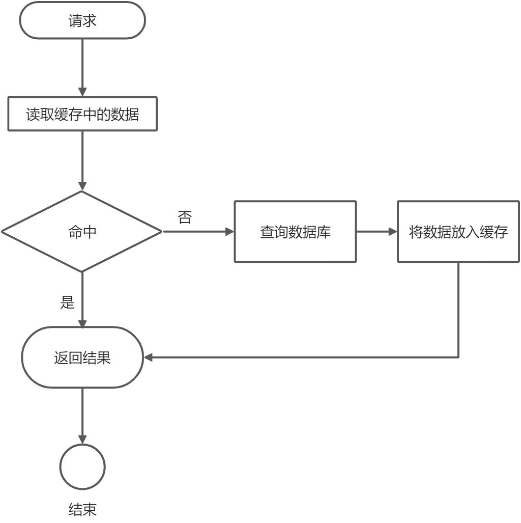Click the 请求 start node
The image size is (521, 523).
coord(82,21)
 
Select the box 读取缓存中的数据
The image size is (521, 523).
coord(82,115)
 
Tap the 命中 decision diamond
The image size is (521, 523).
coord(82,232)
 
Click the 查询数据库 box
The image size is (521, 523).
coord(295,232)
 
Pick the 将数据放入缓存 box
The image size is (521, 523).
coord(458,232)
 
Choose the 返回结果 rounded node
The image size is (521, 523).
coord(82,357)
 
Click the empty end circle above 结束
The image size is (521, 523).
coord(82,466)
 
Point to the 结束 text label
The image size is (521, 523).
coord(82,509)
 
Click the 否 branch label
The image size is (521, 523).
coord(185,217)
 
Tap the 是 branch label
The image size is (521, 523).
coord(68,302)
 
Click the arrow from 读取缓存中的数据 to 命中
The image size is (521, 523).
coord(82,160)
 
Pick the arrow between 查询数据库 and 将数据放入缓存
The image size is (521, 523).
coord(377,232)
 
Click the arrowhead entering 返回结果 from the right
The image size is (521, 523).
coord(149,357)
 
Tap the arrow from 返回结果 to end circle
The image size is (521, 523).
coord(82,415)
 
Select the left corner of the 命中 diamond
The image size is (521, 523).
coord(3,232)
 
